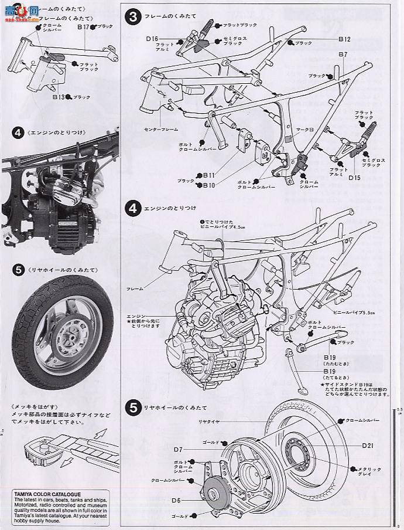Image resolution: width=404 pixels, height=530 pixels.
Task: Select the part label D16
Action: pyautogui.click(x=152, y=39)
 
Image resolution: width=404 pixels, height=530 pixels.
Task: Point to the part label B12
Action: pyautogui.click(x=344, y=39)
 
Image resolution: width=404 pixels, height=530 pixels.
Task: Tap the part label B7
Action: pyautogui.click(x=343, y=55)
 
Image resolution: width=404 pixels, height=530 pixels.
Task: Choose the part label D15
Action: pyautogui.click(x=355, y=177)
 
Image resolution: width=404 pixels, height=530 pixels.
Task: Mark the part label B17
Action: pyautogui.click(x=83, y=27)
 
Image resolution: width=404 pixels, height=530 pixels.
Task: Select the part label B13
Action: pyautogui.click(x=59, y=97)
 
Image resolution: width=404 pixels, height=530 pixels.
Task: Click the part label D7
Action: pyautogui.click(x=179, y=449)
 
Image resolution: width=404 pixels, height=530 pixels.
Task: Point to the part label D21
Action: pyautogui.click(x=368, y=446)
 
